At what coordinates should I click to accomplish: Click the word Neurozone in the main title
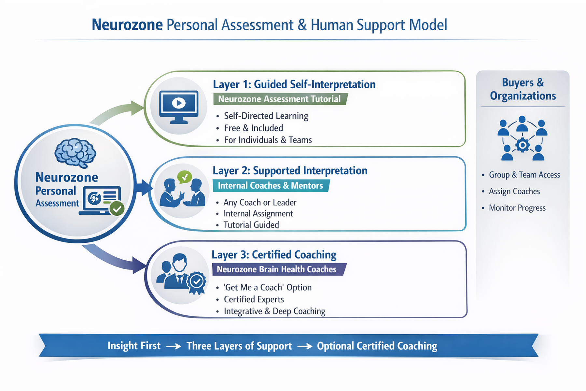(x=127, y=25)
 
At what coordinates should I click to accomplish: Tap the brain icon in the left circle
(x=75, y=153)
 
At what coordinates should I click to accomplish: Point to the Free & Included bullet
(x=253, y=128)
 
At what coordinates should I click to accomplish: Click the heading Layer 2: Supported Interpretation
(x=290, y=171)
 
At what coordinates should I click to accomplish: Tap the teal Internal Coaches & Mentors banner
(x=270, y=186)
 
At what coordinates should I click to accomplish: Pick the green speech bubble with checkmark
(x=184, y=177)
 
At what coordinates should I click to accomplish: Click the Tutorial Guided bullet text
(x=251, y=225)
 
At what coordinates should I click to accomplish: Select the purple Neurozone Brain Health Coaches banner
(x=277, y=269)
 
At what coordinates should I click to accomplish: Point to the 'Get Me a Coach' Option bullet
(x=268, y=287)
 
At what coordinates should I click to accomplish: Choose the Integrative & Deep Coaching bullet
(x=274, y=311)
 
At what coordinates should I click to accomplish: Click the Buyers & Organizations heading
(x=523, y=89)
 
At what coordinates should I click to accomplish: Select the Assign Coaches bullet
(x=514, y=191)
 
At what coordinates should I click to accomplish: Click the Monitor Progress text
(x=517, y=208)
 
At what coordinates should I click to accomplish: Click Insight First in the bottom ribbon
(x=134, y=346)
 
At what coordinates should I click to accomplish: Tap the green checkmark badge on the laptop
(x=117, y=209)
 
